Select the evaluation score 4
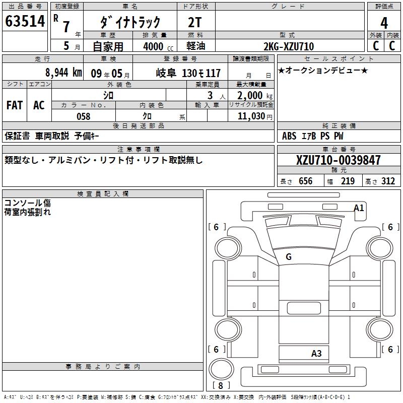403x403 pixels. coord(384,23)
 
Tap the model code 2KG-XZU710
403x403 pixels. coord(289,46)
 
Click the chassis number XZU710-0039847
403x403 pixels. coord(339,160)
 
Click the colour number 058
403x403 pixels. coord(83,116)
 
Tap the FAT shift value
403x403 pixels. coord(15,105)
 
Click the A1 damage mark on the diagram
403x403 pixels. coord(359,208)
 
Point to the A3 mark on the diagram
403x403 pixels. coord(316,353)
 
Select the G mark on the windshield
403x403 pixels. coord(289,257)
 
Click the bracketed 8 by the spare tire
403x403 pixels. coord(221,385)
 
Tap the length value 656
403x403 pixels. coord(305,181)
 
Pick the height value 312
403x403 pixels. coord(387,181)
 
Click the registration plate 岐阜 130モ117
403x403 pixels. coord(188,73)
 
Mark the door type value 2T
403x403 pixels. coord(194,22)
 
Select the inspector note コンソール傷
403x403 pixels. coord(27,203)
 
